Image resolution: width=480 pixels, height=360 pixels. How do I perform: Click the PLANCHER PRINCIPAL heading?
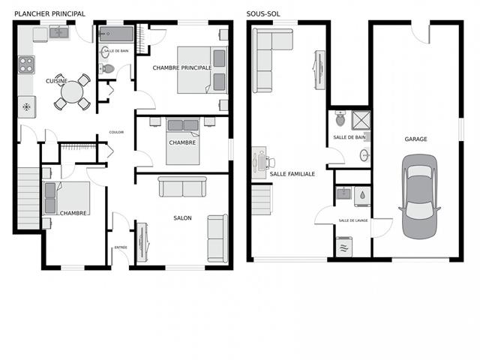tap(49, 13)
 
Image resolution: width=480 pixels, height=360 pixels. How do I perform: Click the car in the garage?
tap(419, 196)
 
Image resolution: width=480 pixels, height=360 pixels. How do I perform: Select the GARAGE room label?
tap(416, 139)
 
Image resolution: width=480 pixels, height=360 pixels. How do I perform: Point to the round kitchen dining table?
tap(73, 93)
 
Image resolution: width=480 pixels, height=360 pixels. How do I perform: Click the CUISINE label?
tap(56, 81)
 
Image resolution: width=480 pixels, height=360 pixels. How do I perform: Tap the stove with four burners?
tap(26, 64)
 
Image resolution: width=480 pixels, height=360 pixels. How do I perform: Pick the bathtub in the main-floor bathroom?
tap(116, 34)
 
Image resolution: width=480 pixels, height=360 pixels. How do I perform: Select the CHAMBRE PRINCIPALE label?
tap(182, 67)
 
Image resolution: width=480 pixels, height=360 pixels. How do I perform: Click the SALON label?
tap(182, 218)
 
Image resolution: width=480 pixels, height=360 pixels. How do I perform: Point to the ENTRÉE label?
tap(120, 247)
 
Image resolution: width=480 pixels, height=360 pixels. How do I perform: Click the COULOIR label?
tap(116, 132)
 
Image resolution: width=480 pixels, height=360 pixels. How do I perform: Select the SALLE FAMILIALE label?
tap(292, 174)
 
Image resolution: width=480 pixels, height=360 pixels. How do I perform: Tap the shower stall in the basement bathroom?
tap(361, 120)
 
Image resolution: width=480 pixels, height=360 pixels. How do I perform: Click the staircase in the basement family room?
tap(261, 200)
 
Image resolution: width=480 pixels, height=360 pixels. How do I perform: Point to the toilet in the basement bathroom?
tap(340, 118)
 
